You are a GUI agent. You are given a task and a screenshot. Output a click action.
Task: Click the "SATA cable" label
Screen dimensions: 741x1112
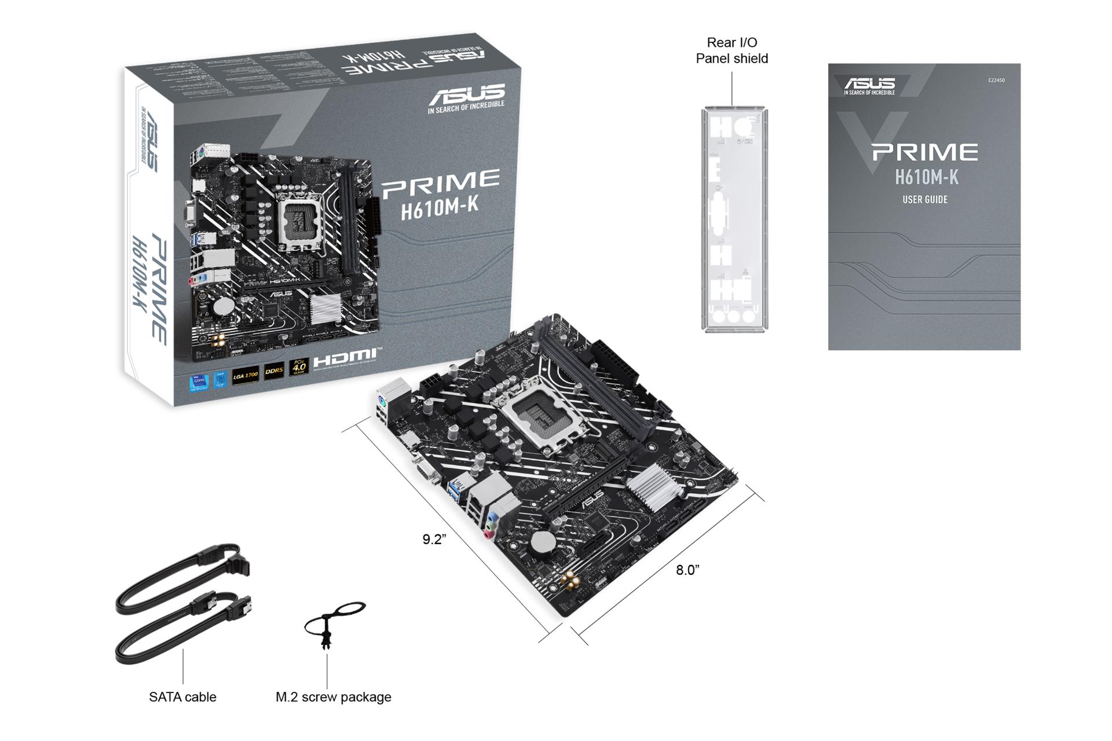(182, 697)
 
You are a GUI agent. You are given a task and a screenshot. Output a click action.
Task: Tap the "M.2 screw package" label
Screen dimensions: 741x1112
(333, 697)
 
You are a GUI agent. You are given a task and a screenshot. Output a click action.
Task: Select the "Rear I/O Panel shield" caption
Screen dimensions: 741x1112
(731, 50)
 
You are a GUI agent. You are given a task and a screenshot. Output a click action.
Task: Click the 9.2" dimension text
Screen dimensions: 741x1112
(434, 540)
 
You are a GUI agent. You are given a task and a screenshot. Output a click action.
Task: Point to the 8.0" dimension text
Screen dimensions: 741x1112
(687, 570)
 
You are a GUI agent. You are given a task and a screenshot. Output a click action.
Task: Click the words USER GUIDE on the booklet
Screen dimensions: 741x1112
(924, 200)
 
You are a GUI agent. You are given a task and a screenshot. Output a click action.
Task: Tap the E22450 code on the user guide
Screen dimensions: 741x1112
(996, 80)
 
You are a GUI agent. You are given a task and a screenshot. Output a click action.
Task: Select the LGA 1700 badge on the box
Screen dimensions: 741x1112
(245, 375)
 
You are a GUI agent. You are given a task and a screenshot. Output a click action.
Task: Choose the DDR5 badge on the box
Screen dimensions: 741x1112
(274, 370)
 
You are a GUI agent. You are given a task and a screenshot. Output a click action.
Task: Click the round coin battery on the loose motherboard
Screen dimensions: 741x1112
(543, 542)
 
